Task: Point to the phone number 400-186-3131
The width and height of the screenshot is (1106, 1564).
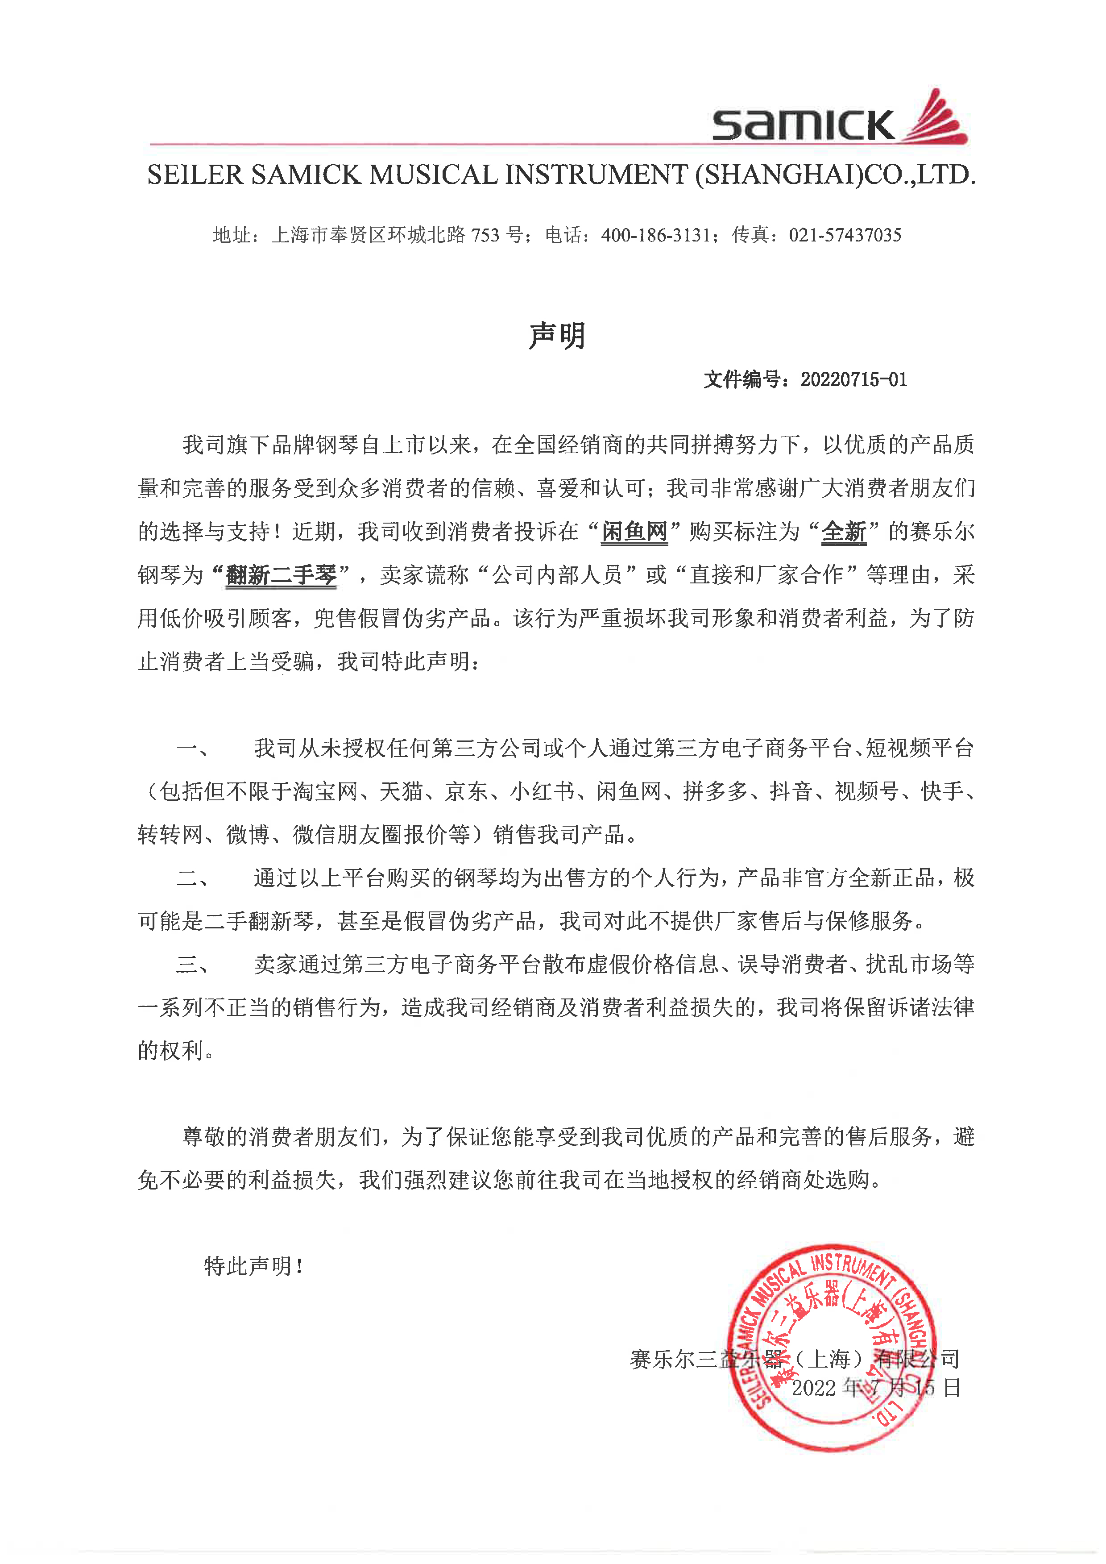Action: (655, 236)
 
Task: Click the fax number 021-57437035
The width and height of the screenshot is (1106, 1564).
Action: (845, 236)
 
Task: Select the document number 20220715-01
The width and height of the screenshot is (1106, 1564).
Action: (853, 379)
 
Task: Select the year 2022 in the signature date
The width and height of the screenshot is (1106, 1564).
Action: (813, 1388)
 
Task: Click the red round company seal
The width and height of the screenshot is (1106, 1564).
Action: (832, 1349)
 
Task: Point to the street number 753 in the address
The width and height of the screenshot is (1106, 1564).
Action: (485, 236)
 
